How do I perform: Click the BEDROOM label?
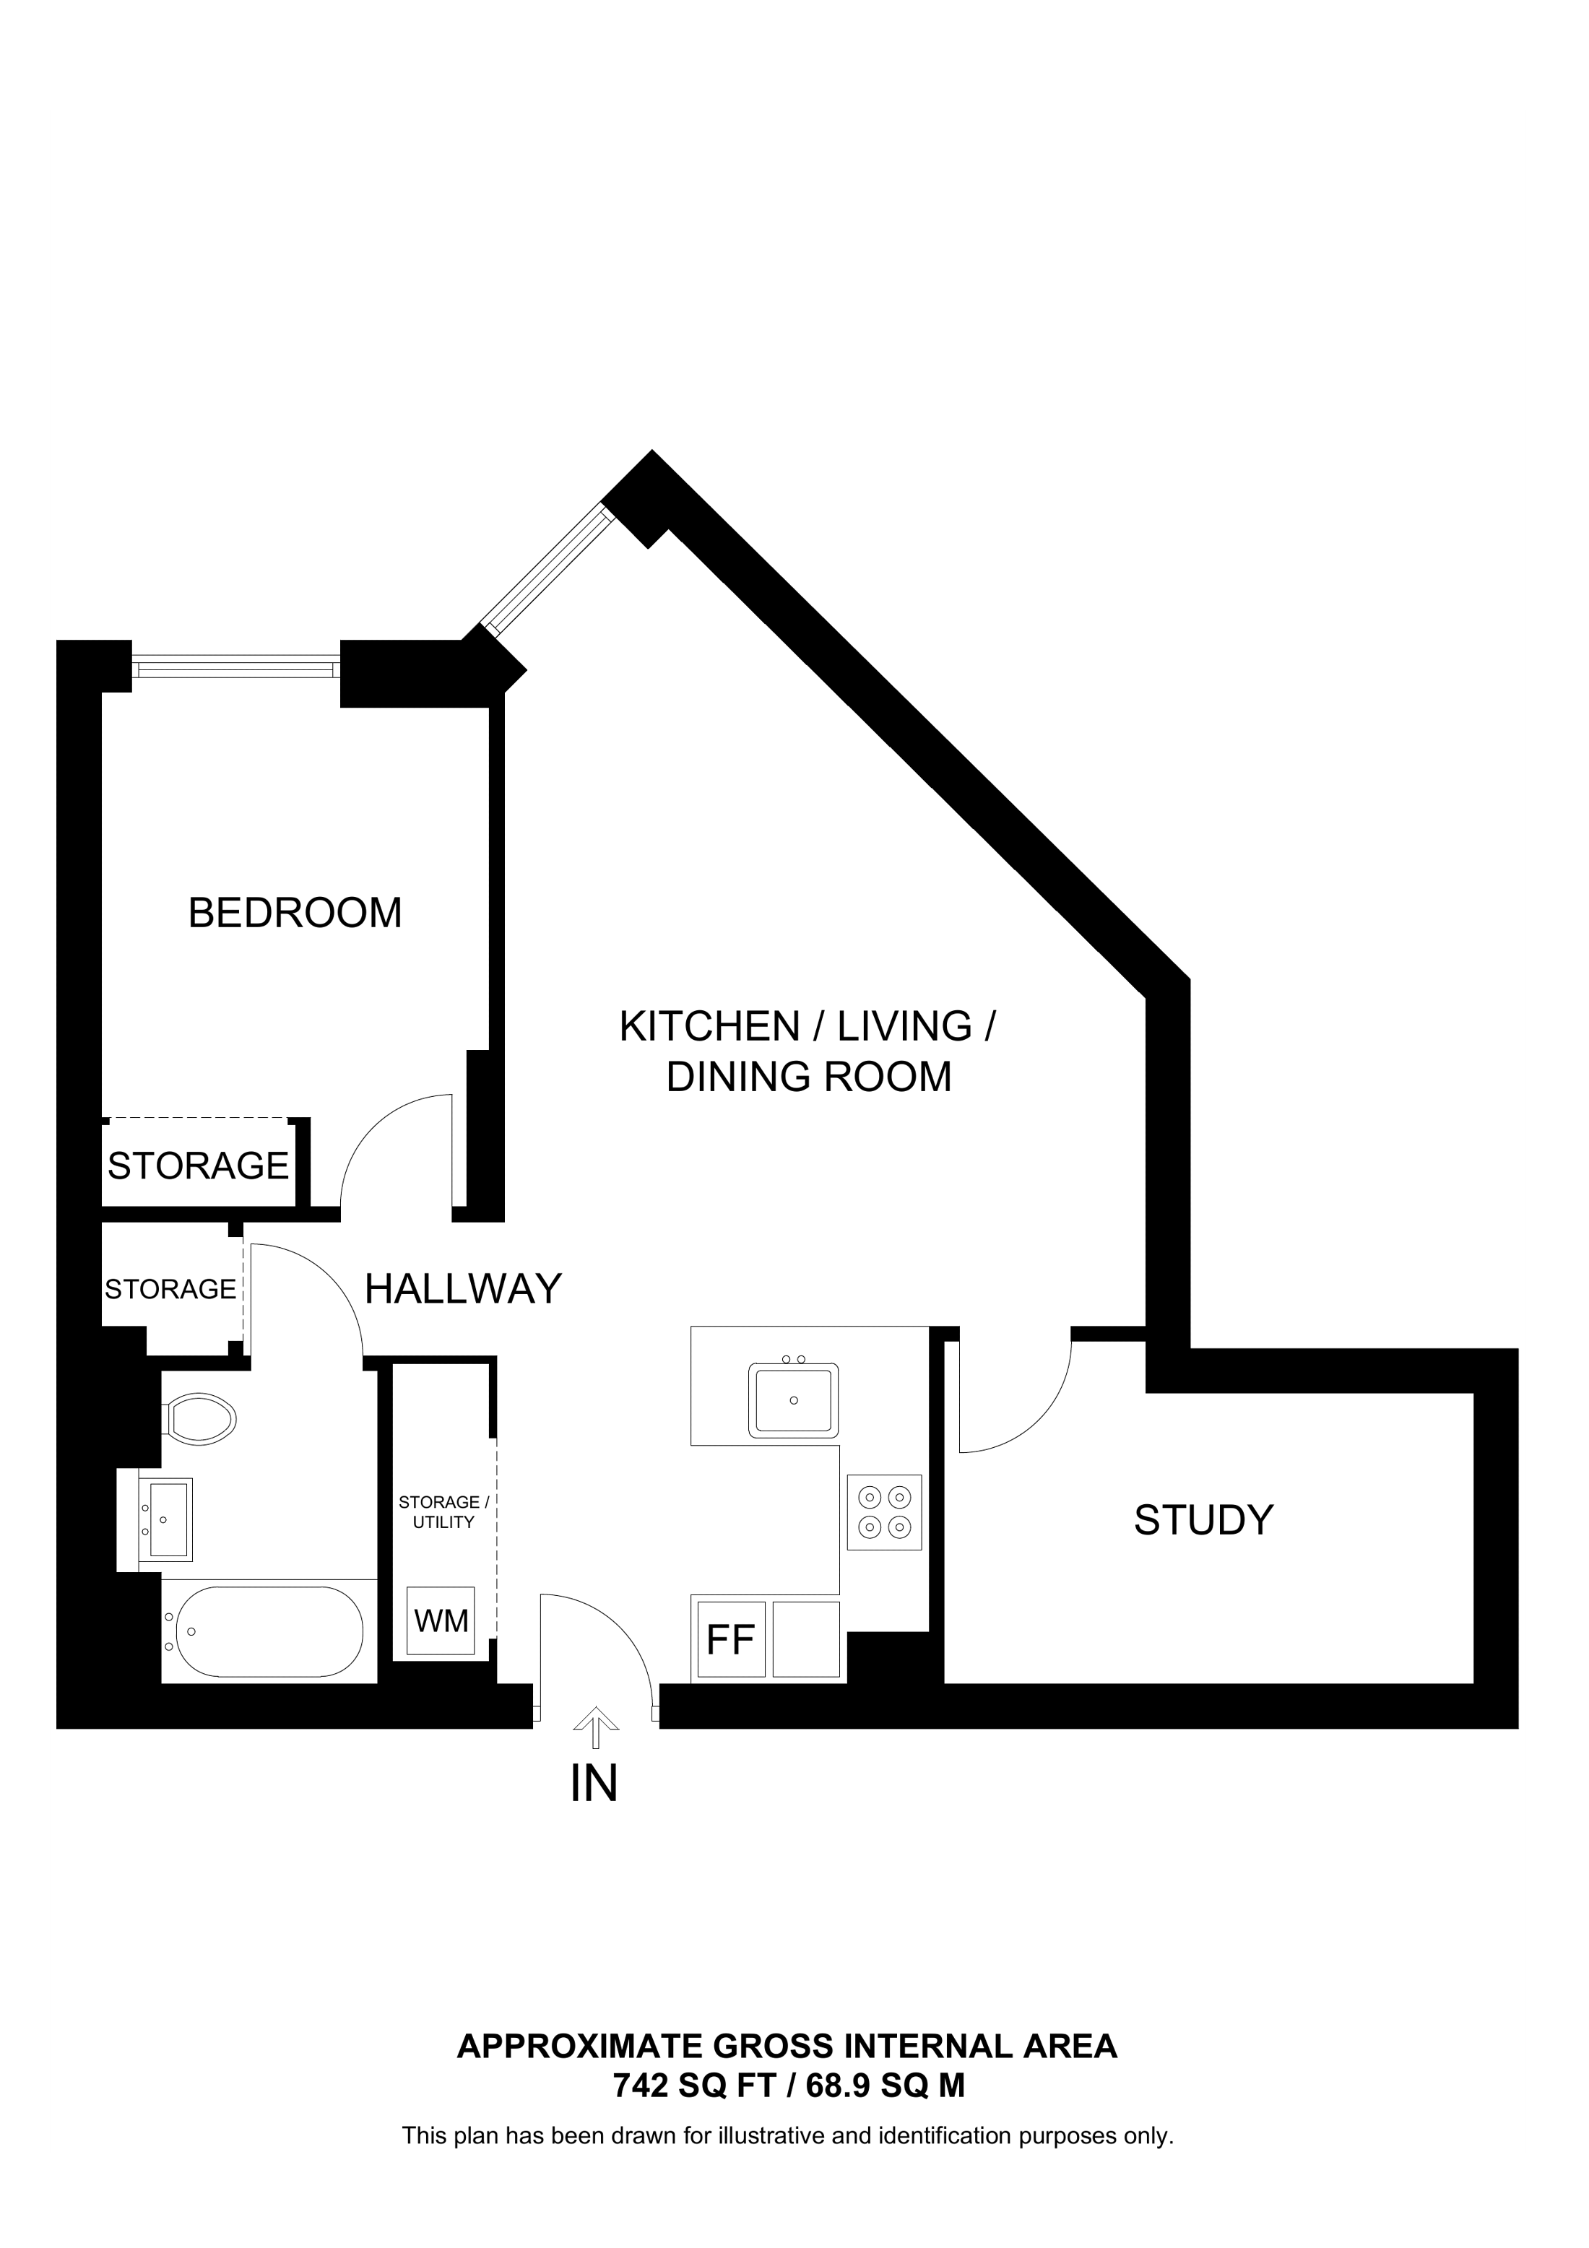point(295,913)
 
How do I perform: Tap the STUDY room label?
point(1203,1521)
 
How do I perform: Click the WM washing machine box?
point(441,1621)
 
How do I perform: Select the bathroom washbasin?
point(165,1519)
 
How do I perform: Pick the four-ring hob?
point(884,1511)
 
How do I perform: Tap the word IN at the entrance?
point(594,1784)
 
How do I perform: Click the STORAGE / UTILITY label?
point(443,1511)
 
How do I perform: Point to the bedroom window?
point(236,669)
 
